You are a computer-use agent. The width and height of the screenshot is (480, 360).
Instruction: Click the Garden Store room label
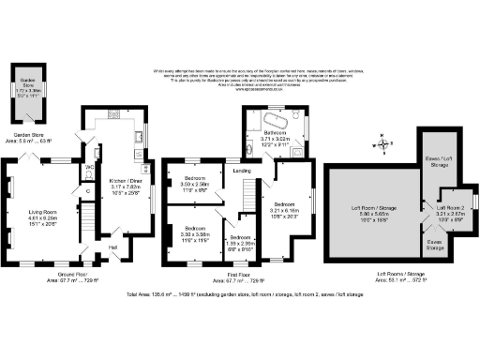point(27,83)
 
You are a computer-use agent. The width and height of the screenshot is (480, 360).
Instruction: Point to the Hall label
point(113,247)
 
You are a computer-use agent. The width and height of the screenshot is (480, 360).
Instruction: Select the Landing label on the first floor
point(242,170)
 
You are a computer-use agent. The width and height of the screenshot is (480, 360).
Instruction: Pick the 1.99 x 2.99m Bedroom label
point(241,242)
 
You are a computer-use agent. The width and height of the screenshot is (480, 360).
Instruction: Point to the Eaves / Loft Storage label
point(437,164)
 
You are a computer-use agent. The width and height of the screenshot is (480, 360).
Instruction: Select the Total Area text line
point(239,294)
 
